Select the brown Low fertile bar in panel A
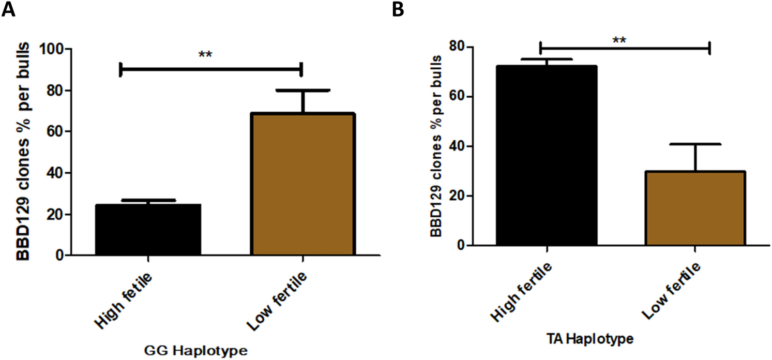point(302,184)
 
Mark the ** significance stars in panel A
point(205,53)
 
